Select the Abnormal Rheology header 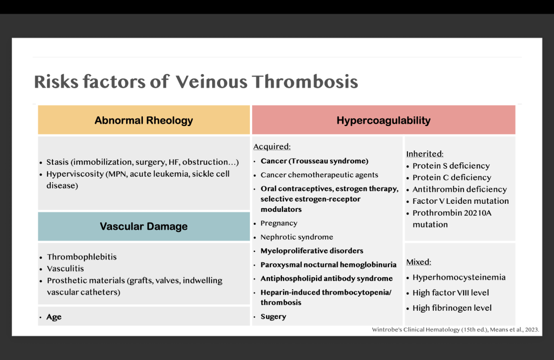point(144,120)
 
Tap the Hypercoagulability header point(384,120)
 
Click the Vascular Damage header point(144,226)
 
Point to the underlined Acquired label point(272,146)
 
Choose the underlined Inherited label point(425,154)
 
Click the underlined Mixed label point(419,262)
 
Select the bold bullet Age point(54,317)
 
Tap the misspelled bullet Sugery point(273,317)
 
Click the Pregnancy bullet point(279,223)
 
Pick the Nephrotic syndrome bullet point(297,237)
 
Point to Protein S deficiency point(451,166)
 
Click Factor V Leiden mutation point(461,201)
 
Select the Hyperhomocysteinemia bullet point(459,277)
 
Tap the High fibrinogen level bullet point(452,308)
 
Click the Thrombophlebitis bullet point(82,257)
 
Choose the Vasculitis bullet point(65,269)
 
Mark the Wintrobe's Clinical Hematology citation point(456,330)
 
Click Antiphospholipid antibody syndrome point(326,278)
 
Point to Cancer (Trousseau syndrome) point(314,161)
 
